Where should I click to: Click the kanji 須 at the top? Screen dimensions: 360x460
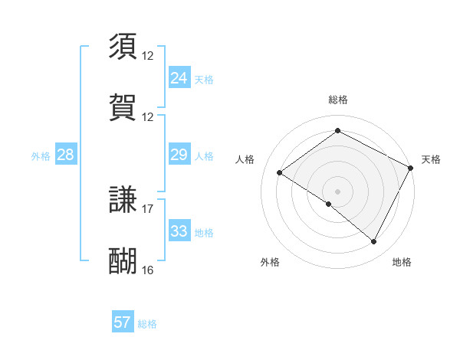click(123, 46)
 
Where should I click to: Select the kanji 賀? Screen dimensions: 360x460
click(123, 108)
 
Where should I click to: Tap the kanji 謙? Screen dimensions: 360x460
click(123, 200)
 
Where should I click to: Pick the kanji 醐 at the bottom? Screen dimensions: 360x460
click(123, 261)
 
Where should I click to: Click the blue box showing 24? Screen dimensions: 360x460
click(179, 78)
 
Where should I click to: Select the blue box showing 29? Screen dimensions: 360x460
click(179, 155)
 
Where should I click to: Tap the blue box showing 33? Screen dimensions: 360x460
click(179, 231)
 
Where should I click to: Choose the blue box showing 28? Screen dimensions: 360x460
click(65, 155)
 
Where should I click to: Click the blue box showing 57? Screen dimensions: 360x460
click(123, 322)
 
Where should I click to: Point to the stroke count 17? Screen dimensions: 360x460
click(148, 208)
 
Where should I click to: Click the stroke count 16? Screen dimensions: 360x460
click(148, 270)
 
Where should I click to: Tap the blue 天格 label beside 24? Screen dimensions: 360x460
click(204, 79)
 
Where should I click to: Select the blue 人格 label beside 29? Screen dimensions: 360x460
click(204, 155)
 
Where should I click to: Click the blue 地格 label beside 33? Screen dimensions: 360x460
click(204, 232)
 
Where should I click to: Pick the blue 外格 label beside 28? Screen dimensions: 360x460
click(41, 155)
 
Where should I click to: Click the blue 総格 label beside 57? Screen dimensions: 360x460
click(147, 323)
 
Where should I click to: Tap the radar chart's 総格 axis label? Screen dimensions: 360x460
click(338, 100)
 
